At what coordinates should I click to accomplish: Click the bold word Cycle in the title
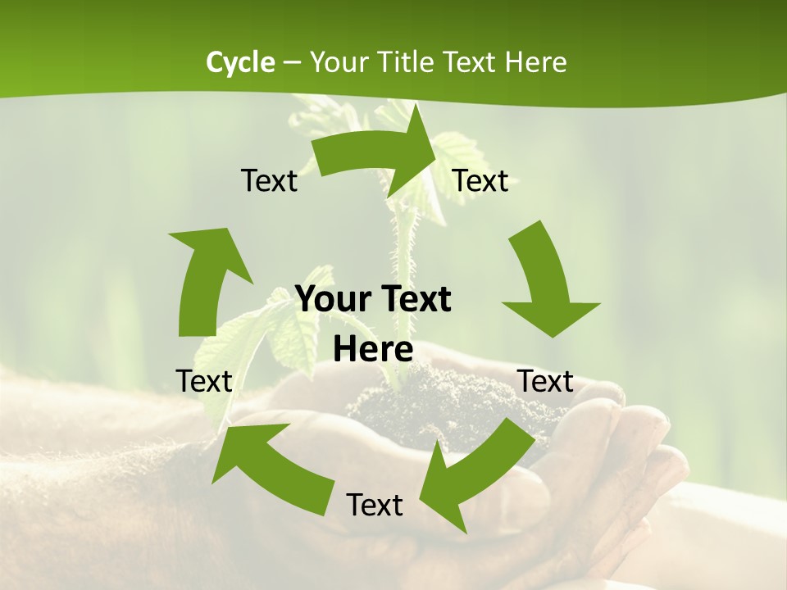click(240, 62)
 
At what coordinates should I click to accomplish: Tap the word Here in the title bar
click(535, 62)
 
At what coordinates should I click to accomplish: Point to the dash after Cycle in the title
click(292, 63)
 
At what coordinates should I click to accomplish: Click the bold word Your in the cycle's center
click(330, 299)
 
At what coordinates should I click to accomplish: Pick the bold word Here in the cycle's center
click(373, 349)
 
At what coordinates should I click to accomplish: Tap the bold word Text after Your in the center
click(413, 299)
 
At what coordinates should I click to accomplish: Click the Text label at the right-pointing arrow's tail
click(269, 180)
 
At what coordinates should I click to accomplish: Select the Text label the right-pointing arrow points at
click(480, 180)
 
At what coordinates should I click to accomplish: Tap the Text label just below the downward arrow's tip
click(546, 381)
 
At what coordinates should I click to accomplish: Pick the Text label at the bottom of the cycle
click(375, 505)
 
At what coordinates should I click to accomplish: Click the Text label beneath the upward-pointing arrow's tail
click(204, 381)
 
